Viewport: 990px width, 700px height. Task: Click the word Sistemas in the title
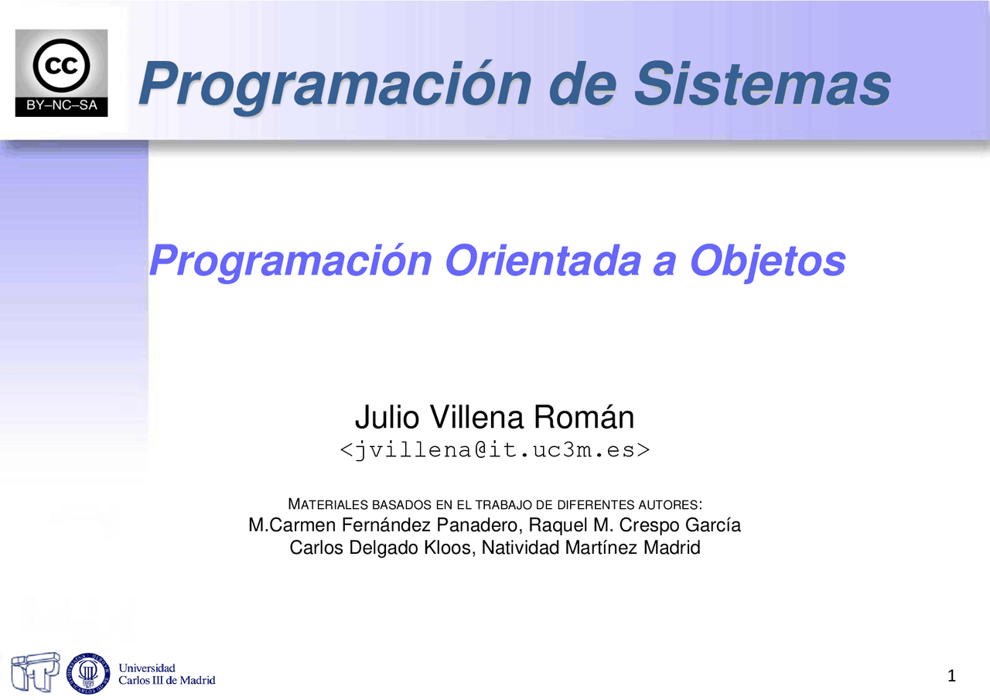point(762,84)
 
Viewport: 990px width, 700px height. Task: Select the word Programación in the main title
point(333,84)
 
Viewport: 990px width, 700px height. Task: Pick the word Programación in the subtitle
point(290,261)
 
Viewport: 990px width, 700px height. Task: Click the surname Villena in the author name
point(473,418)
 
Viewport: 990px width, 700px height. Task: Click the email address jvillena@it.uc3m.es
point(495,449)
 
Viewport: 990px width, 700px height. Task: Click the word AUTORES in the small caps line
point(671,505)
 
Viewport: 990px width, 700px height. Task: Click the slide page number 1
point(951,677)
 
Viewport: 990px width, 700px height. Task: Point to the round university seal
point(90,671)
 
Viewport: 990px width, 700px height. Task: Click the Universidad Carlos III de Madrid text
point(166,674)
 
